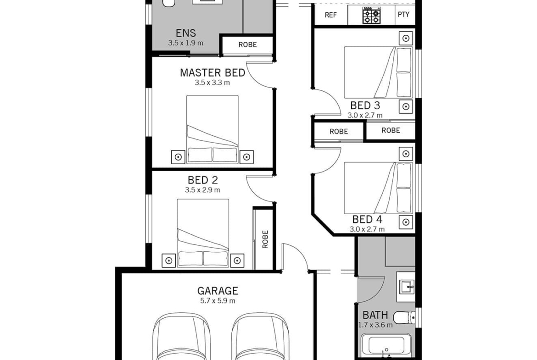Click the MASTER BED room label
[x=213, y=72]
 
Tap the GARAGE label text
[x=218, y=291]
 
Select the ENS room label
[x=185, y=33]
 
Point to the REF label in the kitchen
[x=330, y=15]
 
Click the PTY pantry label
[x=403, y=14]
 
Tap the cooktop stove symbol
[x=372, y=16]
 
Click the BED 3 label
[x=365, y=105]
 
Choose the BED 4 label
[x=367, y=219]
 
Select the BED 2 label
[x=203, y=180]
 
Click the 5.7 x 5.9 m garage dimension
[x=218, y=301]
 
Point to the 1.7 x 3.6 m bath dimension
[x=375, y=325]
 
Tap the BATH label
[x=375, y=315]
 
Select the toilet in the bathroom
[x=404, y=318]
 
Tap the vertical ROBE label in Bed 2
[x=265, y=239]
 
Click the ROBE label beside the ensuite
[x=247, y=44]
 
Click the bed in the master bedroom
[x=213, y=129]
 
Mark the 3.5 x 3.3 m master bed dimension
[x=213, y=83]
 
